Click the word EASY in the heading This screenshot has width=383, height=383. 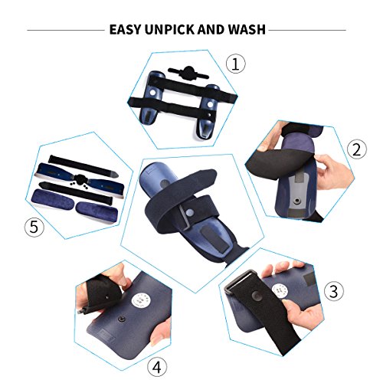(x=126, y=29)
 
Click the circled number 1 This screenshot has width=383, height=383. (x=235, y=64)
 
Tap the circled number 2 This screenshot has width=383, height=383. (x=357, y=149)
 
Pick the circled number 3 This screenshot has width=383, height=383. (x=334, y=291)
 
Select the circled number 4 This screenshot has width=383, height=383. (x=157, y=367)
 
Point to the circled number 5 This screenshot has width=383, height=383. (x=34, y=227)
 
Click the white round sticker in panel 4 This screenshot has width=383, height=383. (x=140, y=300)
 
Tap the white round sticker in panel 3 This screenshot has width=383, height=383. (x=280, y=291)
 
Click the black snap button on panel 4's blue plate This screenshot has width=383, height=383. (x=121, y=319)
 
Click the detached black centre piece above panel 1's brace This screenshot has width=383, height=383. (x=188, y=72)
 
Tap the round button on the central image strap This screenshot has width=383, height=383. (x=189, y=213)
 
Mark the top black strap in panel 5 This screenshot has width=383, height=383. (x=83, y=165)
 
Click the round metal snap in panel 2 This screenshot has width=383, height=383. (x=296, y=201)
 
